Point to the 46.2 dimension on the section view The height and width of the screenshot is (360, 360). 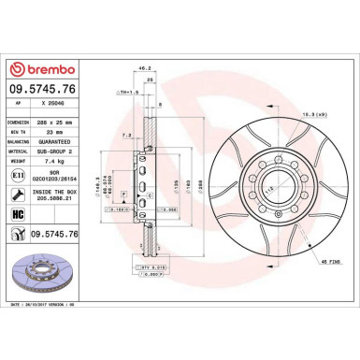tap(143, 69)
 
